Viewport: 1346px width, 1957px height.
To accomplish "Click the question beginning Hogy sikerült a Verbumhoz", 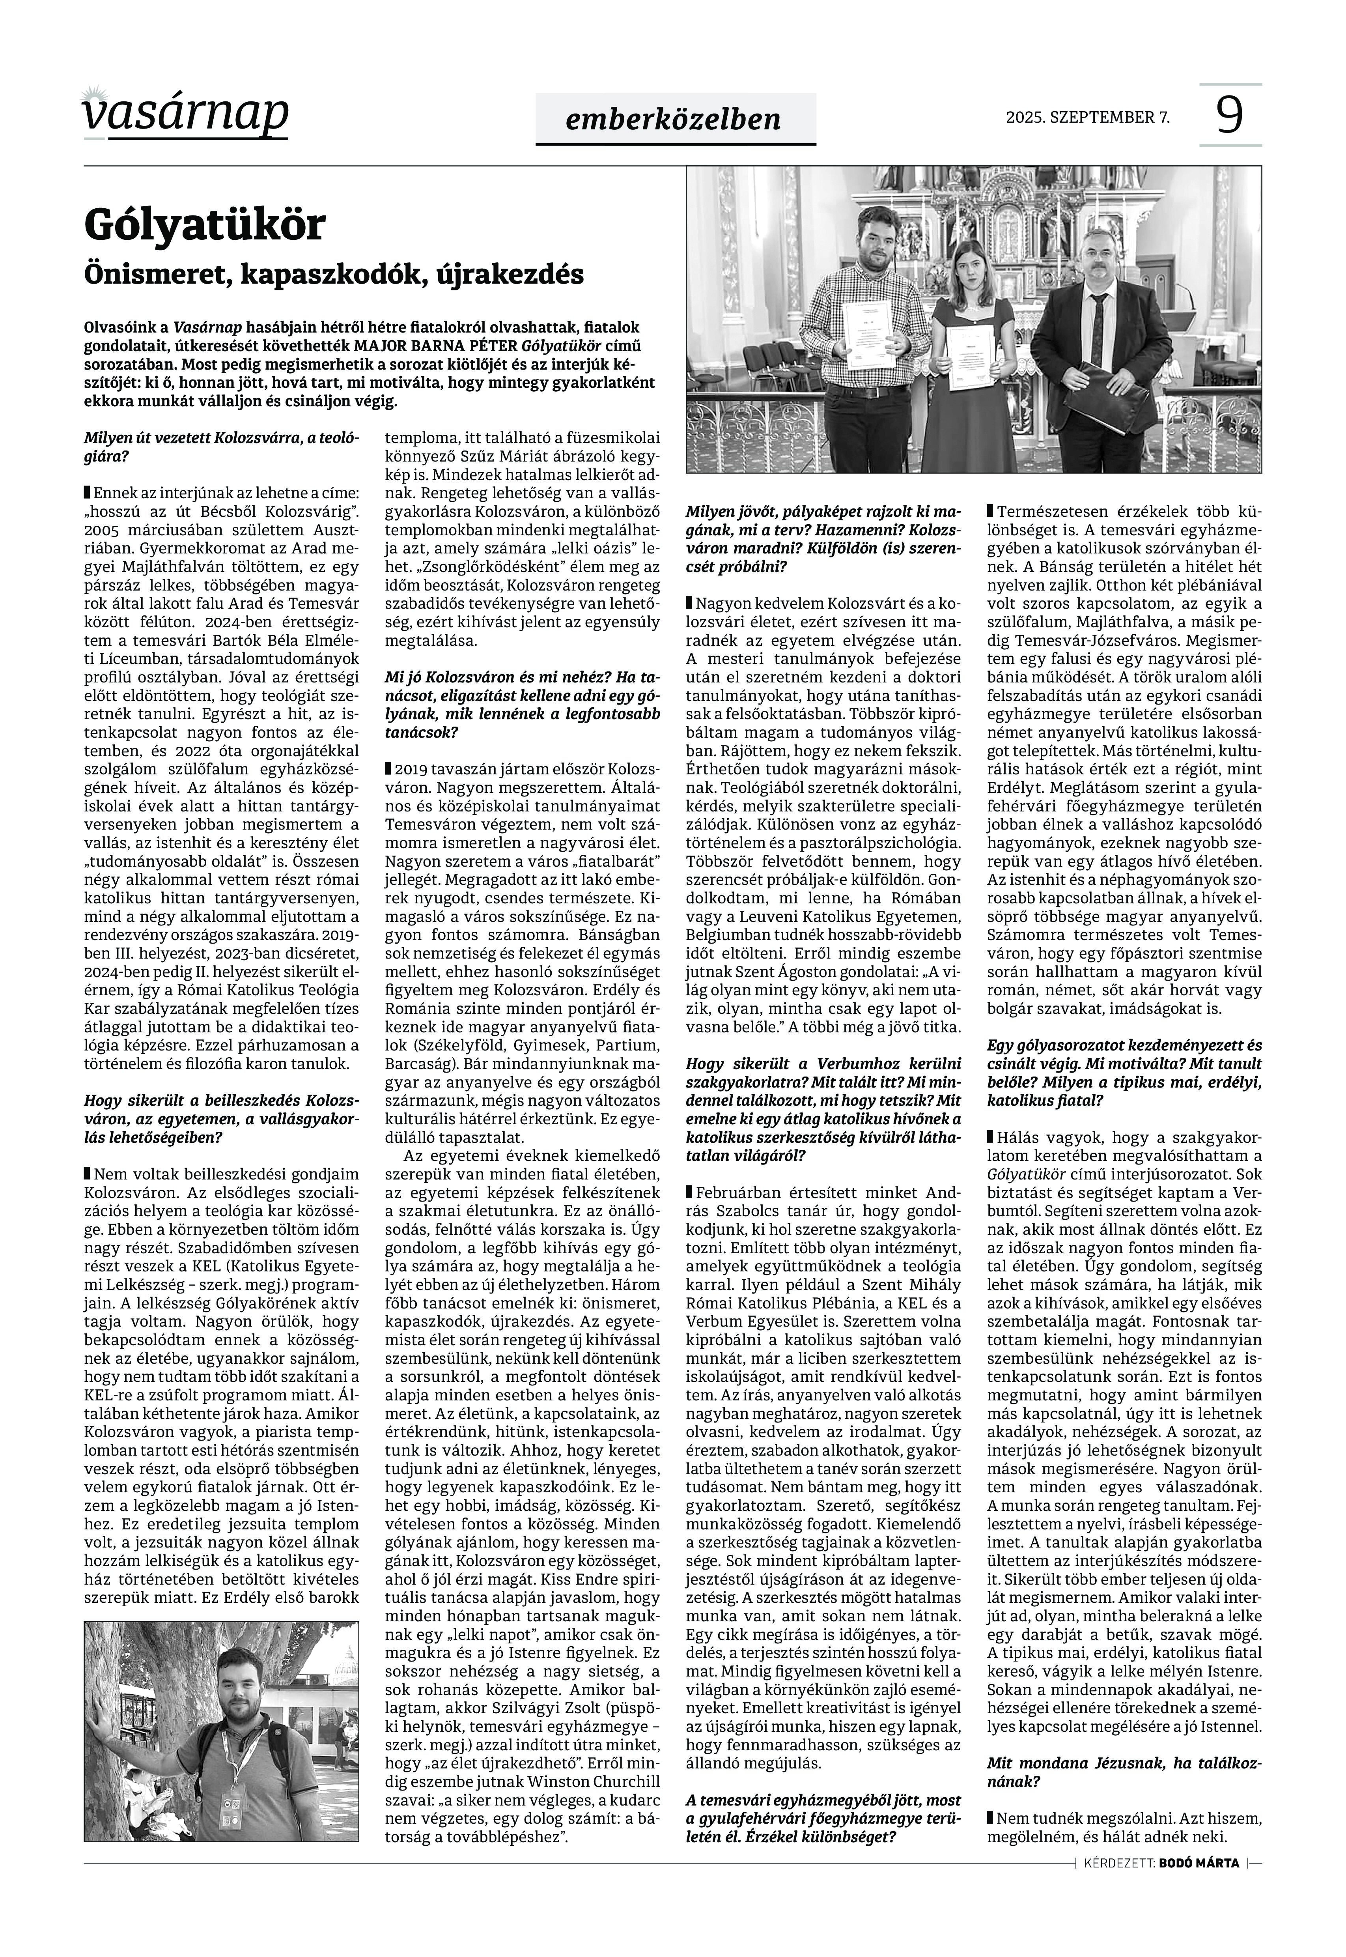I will coord(823,1109).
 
